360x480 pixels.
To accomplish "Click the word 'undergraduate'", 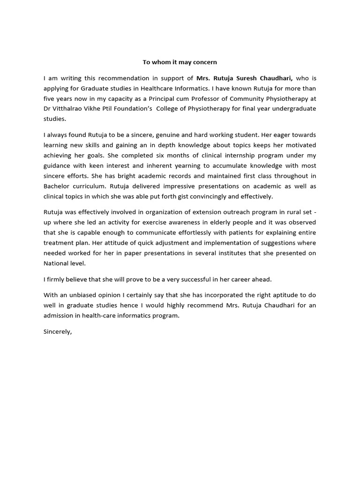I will (295, 109).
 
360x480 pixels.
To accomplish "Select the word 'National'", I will (57, 263).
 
